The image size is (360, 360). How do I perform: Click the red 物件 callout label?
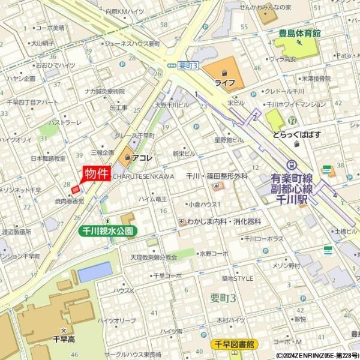(x=96, y=173)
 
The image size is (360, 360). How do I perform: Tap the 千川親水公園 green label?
(x=109, y=230)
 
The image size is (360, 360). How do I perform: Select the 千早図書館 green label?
(x=235, y=344)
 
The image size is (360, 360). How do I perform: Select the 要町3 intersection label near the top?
(x=188, y=64)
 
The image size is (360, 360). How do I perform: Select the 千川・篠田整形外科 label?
(x=217, y=176)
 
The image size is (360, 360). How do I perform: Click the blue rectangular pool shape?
(x=94, y=272)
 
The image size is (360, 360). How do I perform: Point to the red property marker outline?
(x=75, y=190)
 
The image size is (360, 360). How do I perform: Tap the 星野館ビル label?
(x=229, y=140)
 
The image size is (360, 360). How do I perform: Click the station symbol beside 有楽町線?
(x=292, y=164)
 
